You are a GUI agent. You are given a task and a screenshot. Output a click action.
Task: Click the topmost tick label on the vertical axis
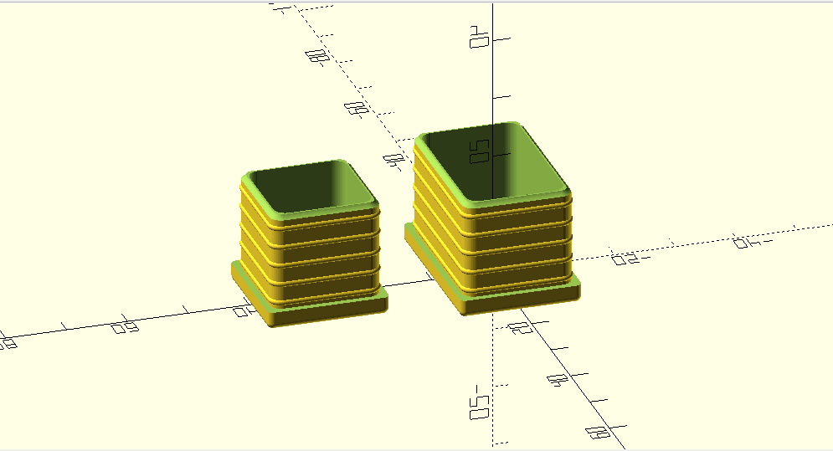pyautogui.click(x=479, y=38)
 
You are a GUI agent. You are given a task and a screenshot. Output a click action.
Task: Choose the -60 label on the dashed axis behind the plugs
pyautogui.click(x=357, y=108)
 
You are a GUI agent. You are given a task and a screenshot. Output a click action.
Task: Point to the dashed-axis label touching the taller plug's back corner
pyautogui.click(x=392, y=159)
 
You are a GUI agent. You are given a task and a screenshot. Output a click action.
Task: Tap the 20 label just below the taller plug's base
pyautogui.click(x=518, y=327)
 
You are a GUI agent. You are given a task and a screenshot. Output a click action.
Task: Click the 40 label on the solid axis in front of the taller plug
pyautogui.click(x=555, y=380)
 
